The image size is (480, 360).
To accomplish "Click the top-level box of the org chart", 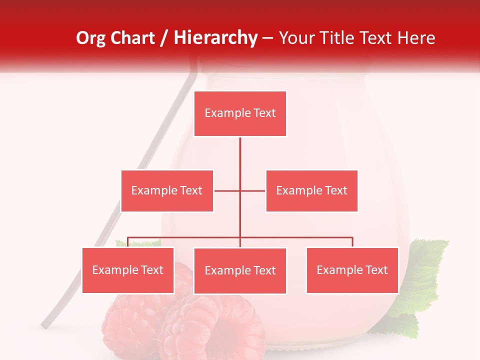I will (x=240, y=113).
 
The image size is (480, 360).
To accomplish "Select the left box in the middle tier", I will (x=167, y=191).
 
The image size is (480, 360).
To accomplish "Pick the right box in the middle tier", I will (x=311, y=191).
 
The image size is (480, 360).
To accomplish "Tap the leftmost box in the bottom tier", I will (x=128, y=270).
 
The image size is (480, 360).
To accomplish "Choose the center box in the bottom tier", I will (x=240, y=271).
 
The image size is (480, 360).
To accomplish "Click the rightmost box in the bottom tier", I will (x=352, y=270).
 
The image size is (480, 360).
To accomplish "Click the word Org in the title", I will (x=90, y=38).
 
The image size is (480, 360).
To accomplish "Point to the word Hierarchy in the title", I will (x=215, y=38).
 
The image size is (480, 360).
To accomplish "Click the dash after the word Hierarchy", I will (x=267, y=38).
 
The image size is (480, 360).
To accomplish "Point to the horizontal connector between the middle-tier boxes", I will (x=227, y=190).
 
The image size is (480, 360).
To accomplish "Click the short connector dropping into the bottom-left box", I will (x=128, y=242).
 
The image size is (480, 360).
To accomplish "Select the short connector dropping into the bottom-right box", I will (x=352, y=242).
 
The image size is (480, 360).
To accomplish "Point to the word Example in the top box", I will (x=222, y=113).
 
